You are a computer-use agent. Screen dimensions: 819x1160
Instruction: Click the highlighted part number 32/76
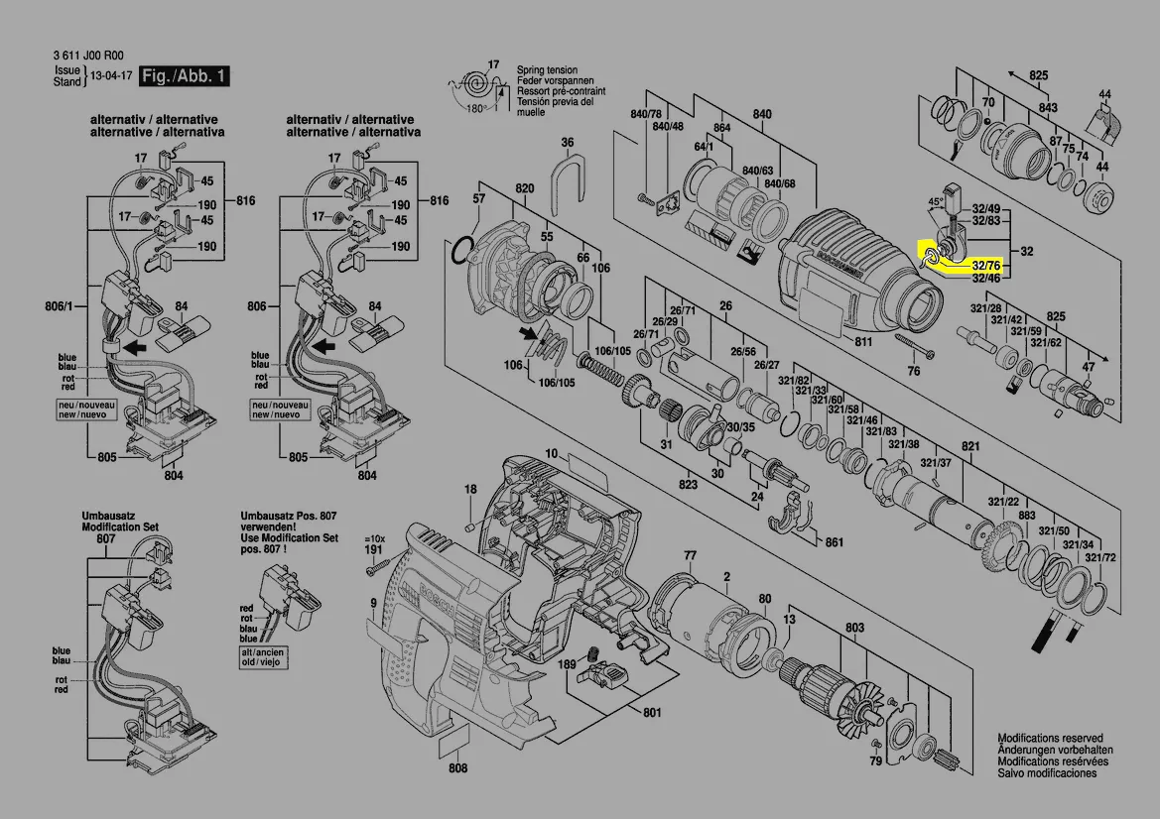(x=985, y=266)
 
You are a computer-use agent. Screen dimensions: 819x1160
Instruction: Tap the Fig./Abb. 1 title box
(x=185, y=75)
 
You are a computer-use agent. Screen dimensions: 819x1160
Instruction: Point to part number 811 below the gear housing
(x=863, y=341)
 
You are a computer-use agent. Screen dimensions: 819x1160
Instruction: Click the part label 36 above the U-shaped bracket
(x=567, y=143)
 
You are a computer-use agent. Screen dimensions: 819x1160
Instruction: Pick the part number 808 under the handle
(x=457, y=768)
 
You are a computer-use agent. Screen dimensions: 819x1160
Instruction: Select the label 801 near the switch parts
(x=652, y=713)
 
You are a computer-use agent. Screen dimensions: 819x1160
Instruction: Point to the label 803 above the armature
(x=854, y=628)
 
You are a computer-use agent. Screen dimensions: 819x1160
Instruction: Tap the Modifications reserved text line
(x=1050, y=739)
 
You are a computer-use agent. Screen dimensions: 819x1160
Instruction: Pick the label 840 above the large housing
(x=761, y=115)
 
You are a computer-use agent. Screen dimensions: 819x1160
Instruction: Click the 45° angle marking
(x=936, y=201)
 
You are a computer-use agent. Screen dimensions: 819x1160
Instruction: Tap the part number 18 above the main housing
(x=470, y=489)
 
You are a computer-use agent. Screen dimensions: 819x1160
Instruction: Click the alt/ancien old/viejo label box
(x=262, y=658)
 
